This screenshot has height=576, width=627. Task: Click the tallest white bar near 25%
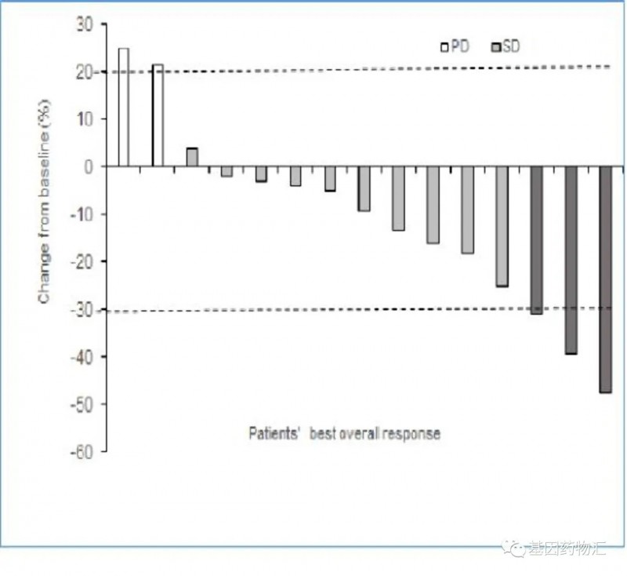click(x=123, y=108)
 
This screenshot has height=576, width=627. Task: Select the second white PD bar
click(x=158, y=115)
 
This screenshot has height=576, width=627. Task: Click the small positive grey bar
click(x=192, y=157)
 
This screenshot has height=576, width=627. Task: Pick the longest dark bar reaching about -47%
click(x=605, y=279)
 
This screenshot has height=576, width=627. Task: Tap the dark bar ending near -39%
click(x=571, y=260)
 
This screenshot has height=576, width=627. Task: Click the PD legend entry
click(x=455, y=46)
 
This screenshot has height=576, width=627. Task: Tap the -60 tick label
click(x=83, y=452)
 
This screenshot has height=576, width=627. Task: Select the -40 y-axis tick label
click(x=83, y=357)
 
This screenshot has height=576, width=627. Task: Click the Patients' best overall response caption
click(x=344, y=433)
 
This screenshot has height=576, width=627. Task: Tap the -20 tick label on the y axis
click(x=83, y=262)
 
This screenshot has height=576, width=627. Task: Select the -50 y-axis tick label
click(x=83, y=405)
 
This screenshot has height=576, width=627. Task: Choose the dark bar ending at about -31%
click(x=536, y=240)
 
